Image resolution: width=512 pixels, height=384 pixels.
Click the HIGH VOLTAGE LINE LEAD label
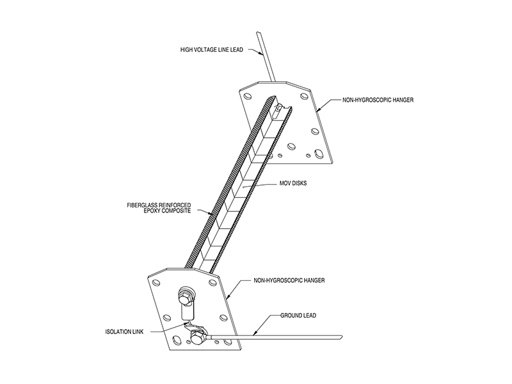tap(212, 50)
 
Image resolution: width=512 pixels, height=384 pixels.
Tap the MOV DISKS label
tap(293, 183)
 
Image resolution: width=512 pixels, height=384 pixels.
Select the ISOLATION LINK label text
tap(124, 332)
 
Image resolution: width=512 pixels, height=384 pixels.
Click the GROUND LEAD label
tap(298, 316)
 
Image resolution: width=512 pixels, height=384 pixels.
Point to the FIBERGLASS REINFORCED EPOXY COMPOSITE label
tap(159, 208)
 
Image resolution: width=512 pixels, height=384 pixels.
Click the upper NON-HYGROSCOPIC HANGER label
tap(378, 100)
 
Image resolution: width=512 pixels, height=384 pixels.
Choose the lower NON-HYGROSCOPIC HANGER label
tap(289, 280)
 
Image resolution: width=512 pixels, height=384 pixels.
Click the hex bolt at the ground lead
tap(197, 337)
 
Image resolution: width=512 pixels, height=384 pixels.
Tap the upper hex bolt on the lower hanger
tap(184, 296)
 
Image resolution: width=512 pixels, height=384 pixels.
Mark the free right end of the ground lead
tap(342, 337)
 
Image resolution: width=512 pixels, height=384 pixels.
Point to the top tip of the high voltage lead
tap(259, 32)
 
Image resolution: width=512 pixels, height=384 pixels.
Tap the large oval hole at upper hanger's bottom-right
tap(318, 153)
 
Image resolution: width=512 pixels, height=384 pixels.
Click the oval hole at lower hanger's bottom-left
tap(177, 340)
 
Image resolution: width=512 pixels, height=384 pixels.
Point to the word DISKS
tap(299, 183)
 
